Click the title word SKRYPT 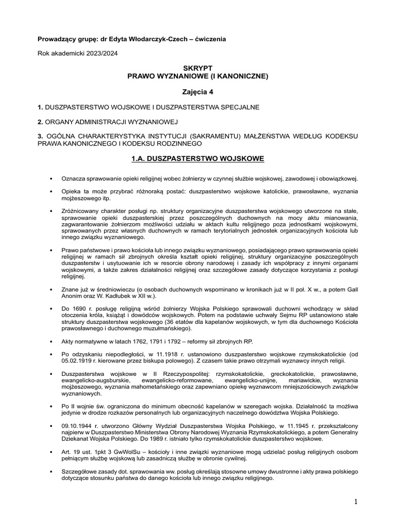point(198,68)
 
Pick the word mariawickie point(301,381)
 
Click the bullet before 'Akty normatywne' point(51,341)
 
